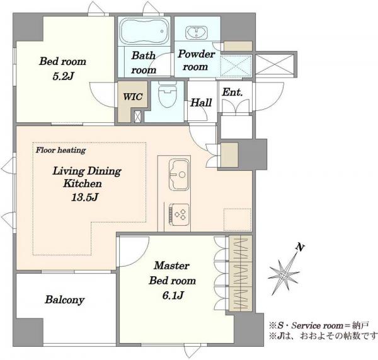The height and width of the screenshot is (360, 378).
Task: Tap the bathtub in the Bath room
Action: coord(144,31)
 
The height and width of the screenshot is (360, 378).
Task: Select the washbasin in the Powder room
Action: coord(197,33)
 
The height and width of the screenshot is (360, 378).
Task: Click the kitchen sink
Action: coord(179,175)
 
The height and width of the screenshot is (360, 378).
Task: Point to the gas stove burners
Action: coord(179,214)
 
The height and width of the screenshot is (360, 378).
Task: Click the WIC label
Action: coord(132,96)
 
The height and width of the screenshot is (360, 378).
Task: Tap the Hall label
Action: coord(201,103)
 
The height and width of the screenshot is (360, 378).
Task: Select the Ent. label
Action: coord(232,92)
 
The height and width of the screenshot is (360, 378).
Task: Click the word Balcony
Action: coord(65,300)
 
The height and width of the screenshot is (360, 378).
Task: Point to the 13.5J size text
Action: coord(84,197)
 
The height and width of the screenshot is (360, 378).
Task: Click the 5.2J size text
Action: coord(63,76)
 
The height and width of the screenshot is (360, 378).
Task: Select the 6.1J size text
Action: coord(173,295)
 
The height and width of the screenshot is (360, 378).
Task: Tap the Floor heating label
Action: coord(60,150)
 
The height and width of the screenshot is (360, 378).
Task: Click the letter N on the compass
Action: coord(300,247)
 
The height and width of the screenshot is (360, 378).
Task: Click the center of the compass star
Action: coord(283,275)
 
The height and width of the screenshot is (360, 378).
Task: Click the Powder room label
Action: coord(196,61)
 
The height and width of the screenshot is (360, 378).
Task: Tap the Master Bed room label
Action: coord(172,273)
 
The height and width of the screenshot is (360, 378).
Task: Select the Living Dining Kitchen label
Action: coord(86,177)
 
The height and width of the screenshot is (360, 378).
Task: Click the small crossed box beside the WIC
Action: coord(137,116)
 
